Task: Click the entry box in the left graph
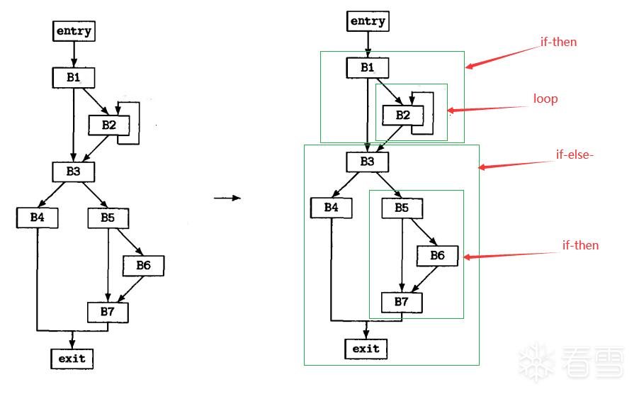(x=74, y=31)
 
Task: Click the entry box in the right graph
(x=368, y=21)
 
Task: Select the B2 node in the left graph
(x=108, y=125)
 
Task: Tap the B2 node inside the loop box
(x=402, y=115)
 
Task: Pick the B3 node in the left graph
(x=74, y=172)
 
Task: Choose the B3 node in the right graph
(x=367, y=162)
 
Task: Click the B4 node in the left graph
(x=38, y=218)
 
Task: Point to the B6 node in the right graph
(x=437, y=255)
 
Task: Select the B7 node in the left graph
(x=108, y=312)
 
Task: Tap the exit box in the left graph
(x=72, y=359)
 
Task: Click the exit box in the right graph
(x=366, y=349)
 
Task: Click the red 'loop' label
(x=545, y=99)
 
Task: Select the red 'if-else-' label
(x=575, y=154)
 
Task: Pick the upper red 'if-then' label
(x=558, y=42)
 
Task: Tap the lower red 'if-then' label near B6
(x=580, y=245)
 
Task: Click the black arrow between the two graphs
(x=227, y=198)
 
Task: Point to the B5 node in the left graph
(x=108, y=218)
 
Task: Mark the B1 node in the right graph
(x=367, y=67)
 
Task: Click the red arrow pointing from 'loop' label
(x=489, y=108)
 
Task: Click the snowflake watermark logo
(x=536, y=362)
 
